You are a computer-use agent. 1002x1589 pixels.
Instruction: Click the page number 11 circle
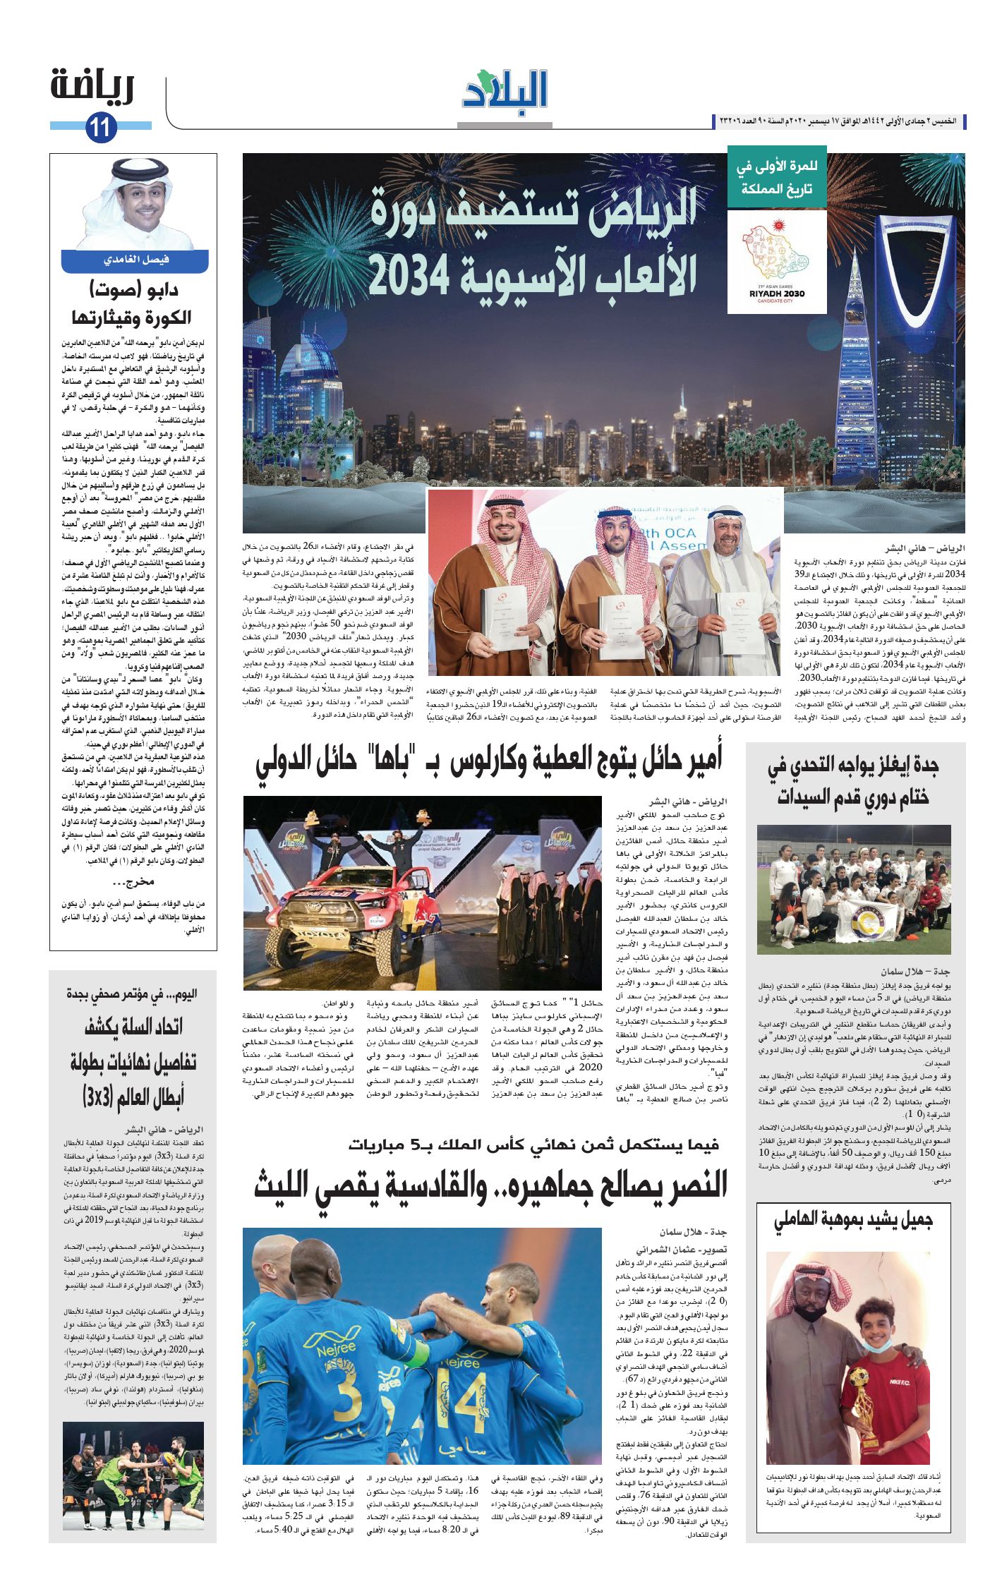tap(100, 128)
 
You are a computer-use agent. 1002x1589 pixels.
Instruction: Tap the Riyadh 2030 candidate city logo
tap(776, 261)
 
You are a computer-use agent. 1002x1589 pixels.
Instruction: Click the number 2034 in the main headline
tap(409, 275)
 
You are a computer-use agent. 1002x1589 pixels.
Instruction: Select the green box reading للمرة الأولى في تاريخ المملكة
tap(776, 179)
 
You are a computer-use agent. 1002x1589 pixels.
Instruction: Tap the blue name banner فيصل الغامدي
tap(134, 260)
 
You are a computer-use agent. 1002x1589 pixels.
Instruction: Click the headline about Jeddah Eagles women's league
tap(854, 781)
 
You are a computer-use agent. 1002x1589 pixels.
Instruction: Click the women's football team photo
tap(854, 889)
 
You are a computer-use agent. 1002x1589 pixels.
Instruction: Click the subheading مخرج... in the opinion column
tap(133, 882)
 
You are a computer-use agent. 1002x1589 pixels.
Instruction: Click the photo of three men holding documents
tap(605, 582)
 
